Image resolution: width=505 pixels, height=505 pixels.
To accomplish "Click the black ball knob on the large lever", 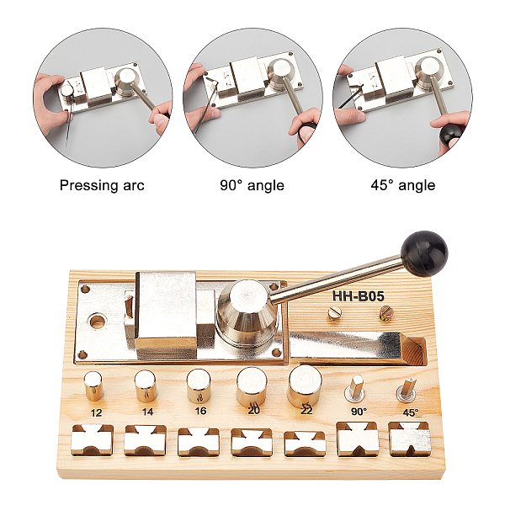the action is pos(424,253).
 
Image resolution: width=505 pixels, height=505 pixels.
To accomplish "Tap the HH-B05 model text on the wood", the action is pos(359,296).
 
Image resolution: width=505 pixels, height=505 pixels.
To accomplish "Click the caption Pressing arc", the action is pos(102,186).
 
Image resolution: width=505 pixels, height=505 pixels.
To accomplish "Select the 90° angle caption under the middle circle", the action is pos(252,185).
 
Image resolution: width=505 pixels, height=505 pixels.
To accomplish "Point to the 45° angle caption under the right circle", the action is pos(402,185).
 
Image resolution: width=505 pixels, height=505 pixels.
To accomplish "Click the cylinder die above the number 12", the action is pos(93,385).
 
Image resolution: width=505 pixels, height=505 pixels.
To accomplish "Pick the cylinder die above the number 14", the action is pos(146,385).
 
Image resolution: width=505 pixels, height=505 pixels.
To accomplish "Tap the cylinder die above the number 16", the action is pos(199,385).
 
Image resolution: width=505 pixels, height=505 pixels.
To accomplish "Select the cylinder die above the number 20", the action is pos(252,386).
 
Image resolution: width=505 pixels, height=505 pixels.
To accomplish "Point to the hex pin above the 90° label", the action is pos(355,388).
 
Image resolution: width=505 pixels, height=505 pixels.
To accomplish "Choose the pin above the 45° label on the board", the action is pos(407,391).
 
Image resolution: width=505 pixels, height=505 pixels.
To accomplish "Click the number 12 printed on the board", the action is pos(96,413).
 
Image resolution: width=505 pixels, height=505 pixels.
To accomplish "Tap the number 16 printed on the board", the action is pos(200,411).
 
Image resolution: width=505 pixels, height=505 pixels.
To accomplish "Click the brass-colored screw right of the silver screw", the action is pos(386,313).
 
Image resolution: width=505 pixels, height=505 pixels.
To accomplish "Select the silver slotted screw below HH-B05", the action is pos(335,313).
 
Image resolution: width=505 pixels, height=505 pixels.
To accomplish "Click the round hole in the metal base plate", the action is pos(98,322).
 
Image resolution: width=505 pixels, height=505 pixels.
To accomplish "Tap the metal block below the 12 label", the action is pos(92,440).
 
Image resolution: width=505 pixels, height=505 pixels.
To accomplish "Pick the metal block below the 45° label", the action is pos(410,439).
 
